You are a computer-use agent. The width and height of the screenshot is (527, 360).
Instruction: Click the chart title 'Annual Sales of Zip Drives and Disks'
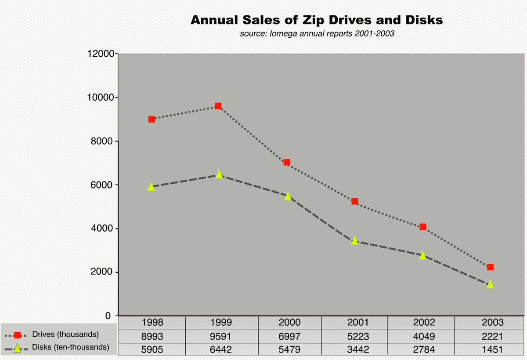tap(316, 20)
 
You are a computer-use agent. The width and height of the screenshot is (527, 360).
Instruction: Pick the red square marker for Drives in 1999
tap(218, 106)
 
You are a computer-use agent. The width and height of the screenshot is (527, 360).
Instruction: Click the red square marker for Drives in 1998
tap(152, 119)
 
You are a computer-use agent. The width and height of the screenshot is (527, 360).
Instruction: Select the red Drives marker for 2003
tap(490, 267)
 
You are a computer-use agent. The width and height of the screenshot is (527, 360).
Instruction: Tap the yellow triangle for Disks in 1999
tap(219, 175)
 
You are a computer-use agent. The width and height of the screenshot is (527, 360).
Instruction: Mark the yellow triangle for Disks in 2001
tap(354, 240)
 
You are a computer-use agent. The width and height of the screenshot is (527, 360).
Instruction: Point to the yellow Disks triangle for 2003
tap(490, 284)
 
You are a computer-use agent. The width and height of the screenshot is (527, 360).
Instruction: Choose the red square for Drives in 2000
tap(287, 162)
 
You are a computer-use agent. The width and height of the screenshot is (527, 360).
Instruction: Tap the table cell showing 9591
tap(221, 337)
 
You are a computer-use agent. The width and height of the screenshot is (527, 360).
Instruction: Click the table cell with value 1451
tap(492, 350)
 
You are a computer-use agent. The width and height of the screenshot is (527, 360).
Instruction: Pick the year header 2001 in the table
tap(357, 323)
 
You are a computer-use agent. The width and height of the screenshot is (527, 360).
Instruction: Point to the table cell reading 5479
tap(289, 350)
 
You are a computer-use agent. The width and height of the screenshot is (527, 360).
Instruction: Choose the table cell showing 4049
tap(424, 337)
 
